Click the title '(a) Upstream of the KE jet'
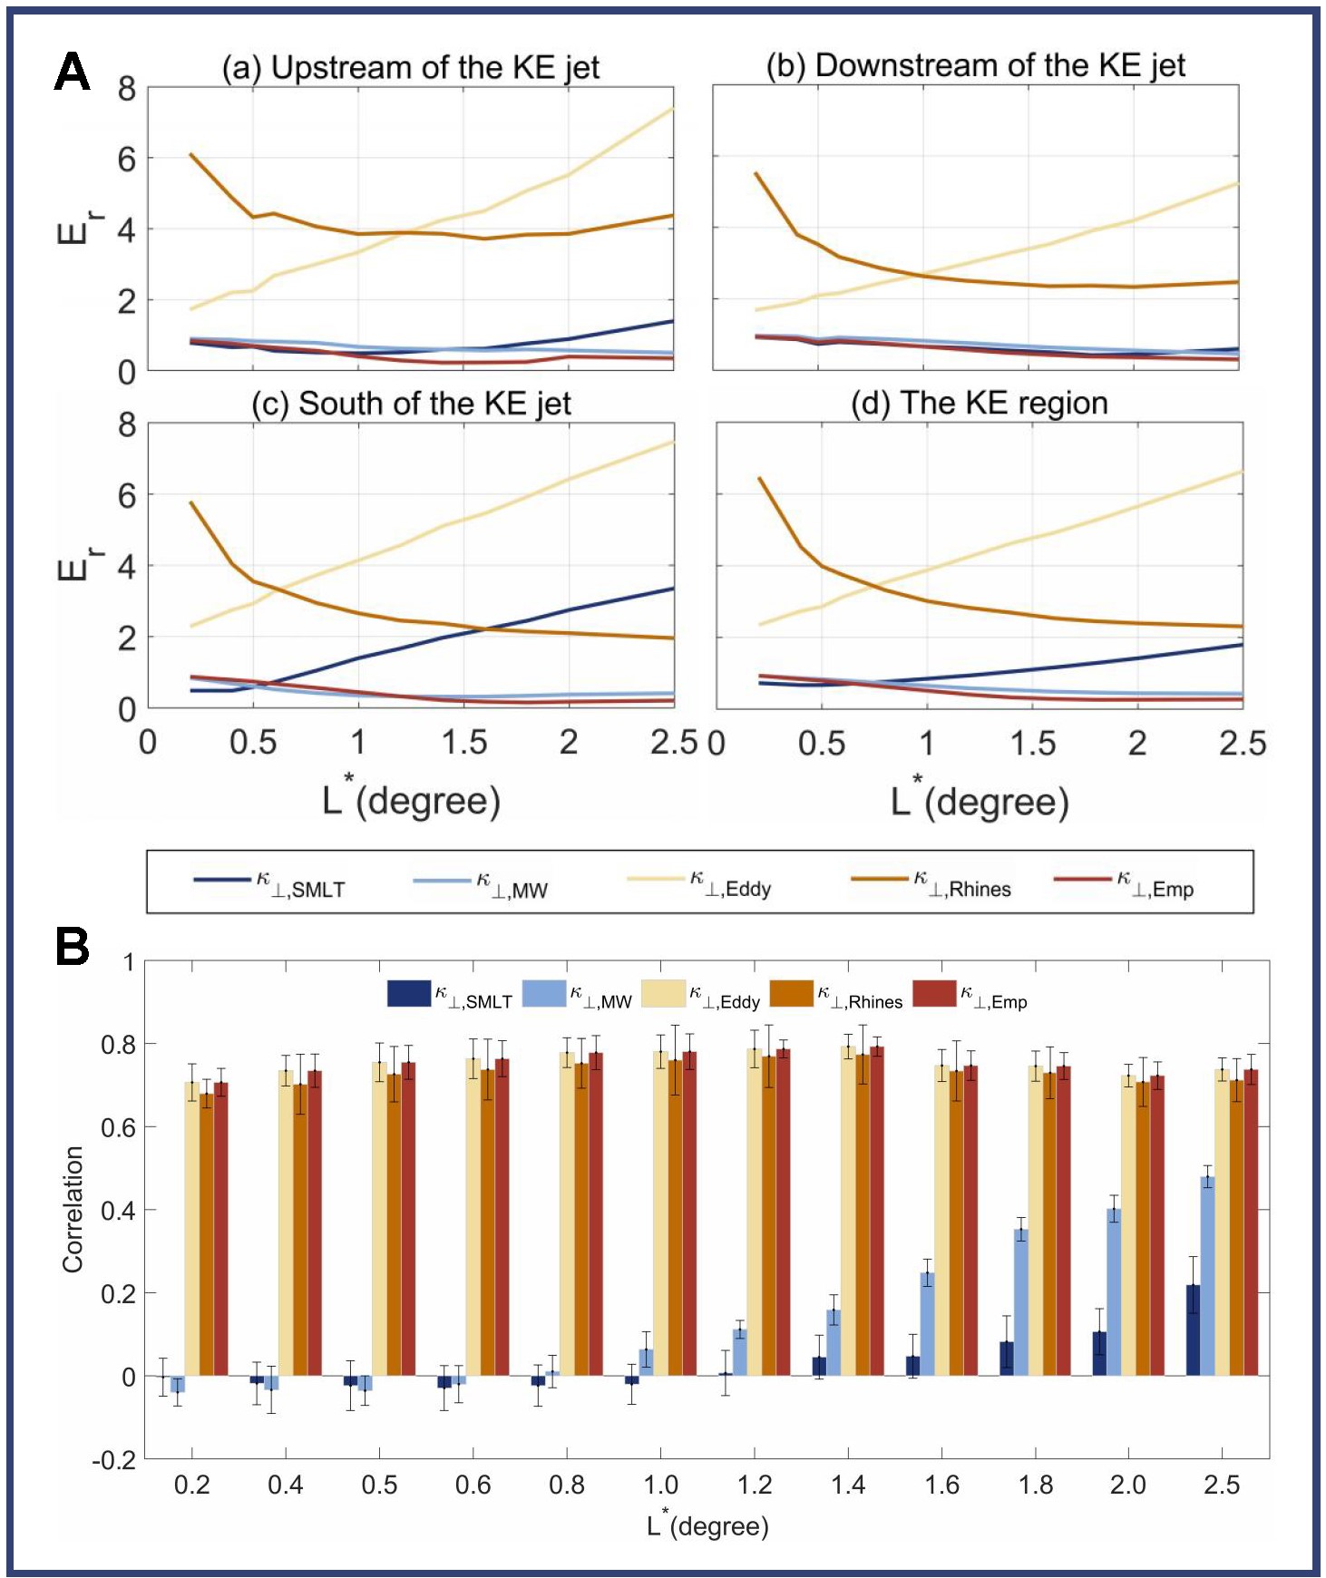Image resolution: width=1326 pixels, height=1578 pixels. pos(410,67)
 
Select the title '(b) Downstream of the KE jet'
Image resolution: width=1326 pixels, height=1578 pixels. pos(975,65)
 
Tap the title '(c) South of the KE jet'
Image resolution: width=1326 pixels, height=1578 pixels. pos(411,404)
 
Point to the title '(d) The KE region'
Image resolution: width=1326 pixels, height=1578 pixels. pos(979,403)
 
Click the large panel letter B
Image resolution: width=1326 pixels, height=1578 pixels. pos(73,946)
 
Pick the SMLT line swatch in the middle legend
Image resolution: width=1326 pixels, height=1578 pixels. pos(221,880)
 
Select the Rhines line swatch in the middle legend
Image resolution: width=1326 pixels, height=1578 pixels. pos(879,879)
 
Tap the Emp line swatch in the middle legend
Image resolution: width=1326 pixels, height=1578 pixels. pos(1082,879)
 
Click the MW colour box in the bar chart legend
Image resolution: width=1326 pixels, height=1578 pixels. pos(543,993)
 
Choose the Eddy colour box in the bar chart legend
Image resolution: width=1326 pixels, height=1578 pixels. pos(663,993)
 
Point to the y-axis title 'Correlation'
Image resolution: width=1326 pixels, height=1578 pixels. pos(73,1209)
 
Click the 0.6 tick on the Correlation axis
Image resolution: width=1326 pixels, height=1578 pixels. pos(118,1127)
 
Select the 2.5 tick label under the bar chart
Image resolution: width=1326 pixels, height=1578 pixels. pos(1221,1485)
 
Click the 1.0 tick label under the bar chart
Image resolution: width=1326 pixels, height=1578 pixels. pos(660,1485)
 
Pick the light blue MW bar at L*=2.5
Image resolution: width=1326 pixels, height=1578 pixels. pos(1207,1276)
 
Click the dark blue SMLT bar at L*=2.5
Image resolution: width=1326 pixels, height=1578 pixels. pos(1193,1330)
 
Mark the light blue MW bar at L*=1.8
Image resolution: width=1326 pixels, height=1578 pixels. pos(1021,1302)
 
